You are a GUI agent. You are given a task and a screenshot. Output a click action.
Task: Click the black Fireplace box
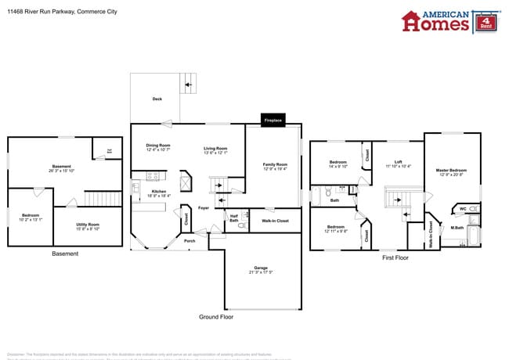coord(273,121)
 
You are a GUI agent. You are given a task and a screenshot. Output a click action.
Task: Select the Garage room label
coord(260,268)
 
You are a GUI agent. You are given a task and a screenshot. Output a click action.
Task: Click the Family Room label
coord(275,164)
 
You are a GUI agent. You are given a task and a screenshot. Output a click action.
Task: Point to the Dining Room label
coord(158,146)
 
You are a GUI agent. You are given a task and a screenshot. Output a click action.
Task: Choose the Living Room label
coord(215,149)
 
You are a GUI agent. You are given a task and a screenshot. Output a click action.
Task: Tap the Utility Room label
coord(87,225)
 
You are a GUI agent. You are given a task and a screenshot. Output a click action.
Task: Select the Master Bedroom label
coord(452,170)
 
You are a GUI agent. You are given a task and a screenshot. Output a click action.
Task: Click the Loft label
coord(398,163)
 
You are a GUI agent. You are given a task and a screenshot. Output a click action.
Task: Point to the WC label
coord(463,208)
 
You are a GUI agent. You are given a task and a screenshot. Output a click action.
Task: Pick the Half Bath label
coord(233,218)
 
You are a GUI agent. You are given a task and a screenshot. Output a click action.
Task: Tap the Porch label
coord(190,240)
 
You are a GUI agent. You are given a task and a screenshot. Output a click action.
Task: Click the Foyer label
coord(203,208)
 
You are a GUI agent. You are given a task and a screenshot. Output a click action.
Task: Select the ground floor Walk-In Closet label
coord(275,221)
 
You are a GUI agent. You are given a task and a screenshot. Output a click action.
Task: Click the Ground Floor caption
coord(215,317)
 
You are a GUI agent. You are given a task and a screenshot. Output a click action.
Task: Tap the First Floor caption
coord(395,257)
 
